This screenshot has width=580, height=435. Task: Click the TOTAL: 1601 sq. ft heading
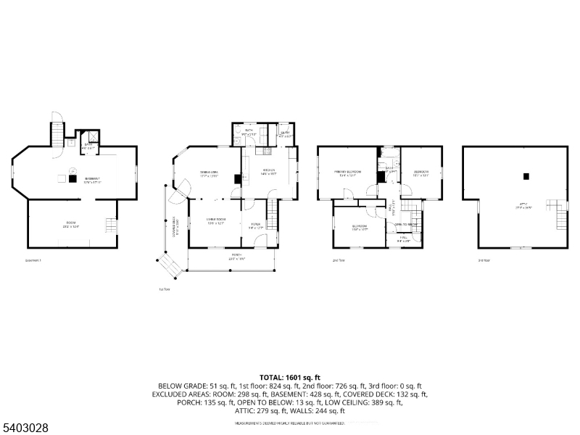point(289,378)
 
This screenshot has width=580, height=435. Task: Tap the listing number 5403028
point(25,428)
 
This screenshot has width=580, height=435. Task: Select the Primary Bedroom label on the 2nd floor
point(347,173)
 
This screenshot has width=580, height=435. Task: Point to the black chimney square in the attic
point(526,175)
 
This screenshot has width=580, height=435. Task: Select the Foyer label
point(255,225)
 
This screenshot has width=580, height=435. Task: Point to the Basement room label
point(92,180)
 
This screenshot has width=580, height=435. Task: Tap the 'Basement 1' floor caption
point(34,260)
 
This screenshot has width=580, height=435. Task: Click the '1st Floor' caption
point(165,289)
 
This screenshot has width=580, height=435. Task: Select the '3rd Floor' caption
point(484,260)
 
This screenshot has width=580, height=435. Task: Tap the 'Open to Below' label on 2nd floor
point(405,225)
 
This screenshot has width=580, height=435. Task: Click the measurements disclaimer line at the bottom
point(289,423)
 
